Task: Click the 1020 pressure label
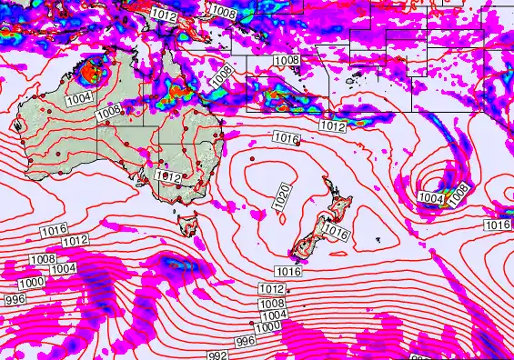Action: (282, 197)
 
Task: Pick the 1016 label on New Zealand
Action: (336, 233)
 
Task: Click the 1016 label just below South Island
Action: (288, 271)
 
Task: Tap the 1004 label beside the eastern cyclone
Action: (430, 197)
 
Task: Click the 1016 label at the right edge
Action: (497, 225)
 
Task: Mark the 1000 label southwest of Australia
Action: (31, 283)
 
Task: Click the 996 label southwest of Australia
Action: (14, 299)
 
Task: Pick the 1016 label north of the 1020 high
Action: (287, 137)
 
